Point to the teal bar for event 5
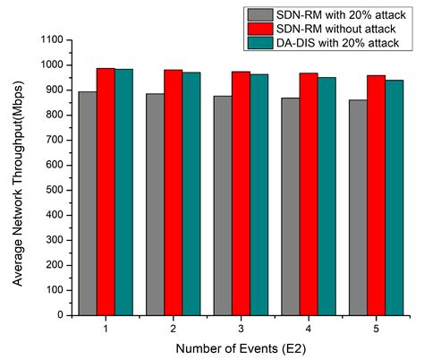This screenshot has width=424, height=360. [394, 197]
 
